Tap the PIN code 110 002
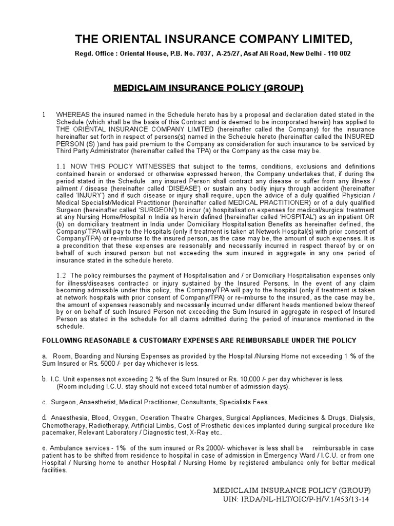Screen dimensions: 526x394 pos(336,54)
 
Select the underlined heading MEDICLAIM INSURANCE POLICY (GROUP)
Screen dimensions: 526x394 pos(208,88)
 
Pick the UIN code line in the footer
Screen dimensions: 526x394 pos(296,499)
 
